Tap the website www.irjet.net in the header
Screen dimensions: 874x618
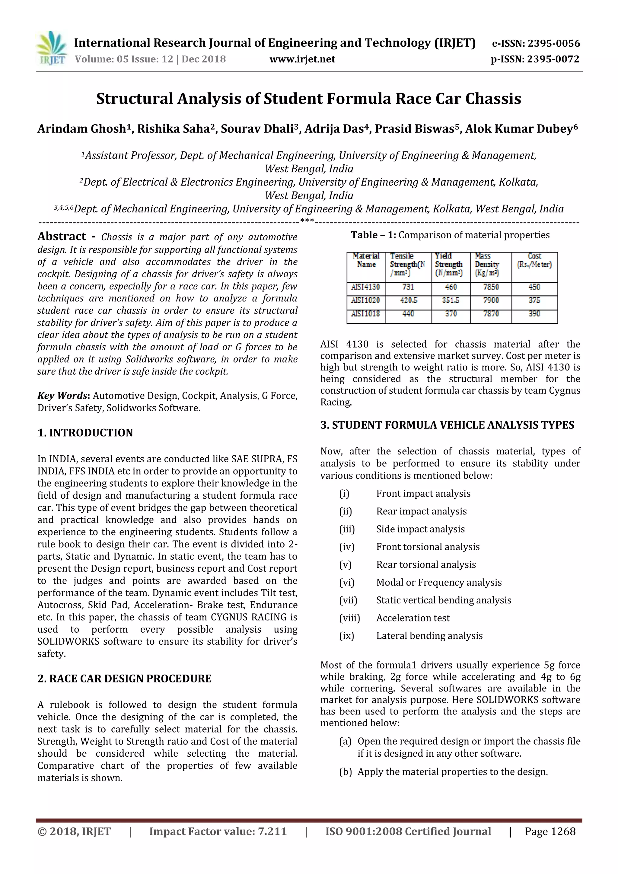302,59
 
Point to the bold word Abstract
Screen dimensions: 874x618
62,237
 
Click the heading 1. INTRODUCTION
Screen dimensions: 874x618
85,433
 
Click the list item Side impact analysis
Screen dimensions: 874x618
420,529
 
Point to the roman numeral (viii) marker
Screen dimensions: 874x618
349,618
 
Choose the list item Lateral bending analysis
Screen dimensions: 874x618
429,636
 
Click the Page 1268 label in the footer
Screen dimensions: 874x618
550,831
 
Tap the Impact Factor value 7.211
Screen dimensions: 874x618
218,831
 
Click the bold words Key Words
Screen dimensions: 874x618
62,396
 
